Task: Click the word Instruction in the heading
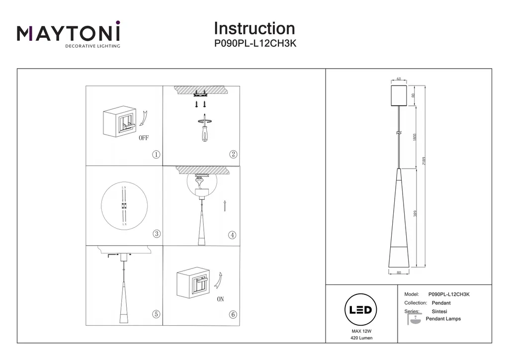(x=254, y=28)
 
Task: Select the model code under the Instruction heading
(x=254, y=43)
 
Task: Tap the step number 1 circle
(x=156, y=155)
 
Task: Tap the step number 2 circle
(x=233, y=154)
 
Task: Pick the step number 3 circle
(x=156, y=234)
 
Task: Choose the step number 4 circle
(x=232, y=235)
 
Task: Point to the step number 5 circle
(x=156, y=314)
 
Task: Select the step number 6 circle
(x=233, y=314)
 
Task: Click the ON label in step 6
(x=220, y=300)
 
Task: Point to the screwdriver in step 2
(x=204, y=129)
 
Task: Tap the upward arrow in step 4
(x=225, y=206)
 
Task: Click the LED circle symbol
(x=360, y=310)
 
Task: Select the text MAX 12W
(x=361, y=331)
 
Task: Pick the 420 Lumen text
(x=361, y=338)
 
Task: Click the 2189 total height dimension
(x=424, y=164)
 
